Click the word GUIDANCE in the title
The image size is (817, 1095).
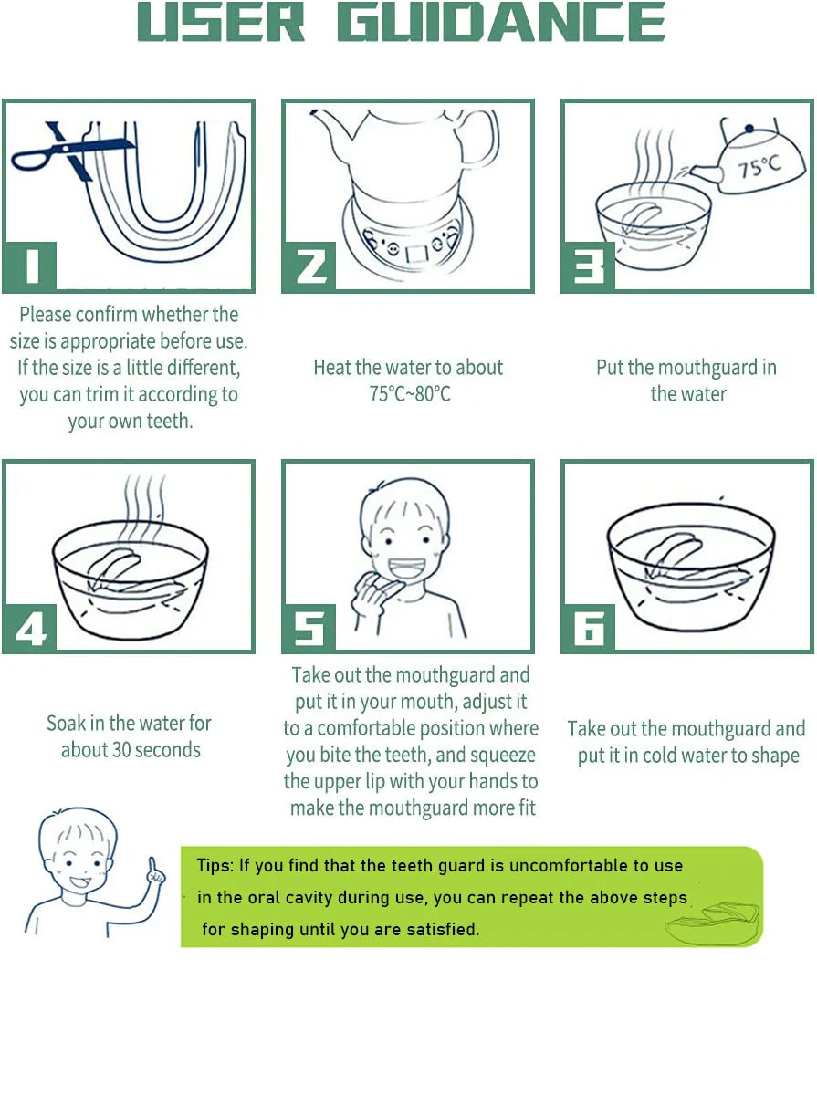[x=501, y=22]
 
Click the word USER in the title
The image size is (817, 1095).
[x=221, y=22]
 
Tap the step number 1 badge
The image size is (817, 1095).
[x=30, y=267]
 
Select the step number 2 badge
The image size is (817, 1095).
[x=310, y=267]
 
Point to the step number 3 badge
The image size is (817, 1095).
[x=589, y=267]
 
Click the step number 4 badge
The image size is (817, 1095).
[x=30, y=628]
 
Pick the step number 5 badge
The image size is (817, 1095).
[x=310, y=628]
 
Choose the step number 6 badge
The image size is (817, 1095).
[x=589, y=628]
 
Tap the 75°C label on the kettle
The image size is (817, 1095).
[x=759, y=167]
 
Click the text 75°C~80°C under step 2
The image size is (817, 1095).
[x=410, y=393]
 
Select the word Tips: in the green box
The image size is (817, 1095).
[x=215, y=865]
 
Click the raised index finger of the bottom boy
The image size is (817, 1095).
[x=152, y=868]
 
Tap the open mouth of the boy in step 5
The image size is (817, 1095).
[x=407, y=568]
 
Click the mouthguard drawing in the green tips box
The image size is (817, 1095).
[x=713, y=923]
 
